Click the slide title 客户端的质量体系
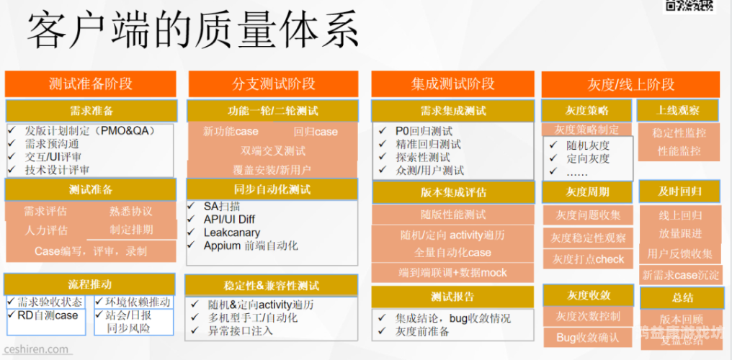tap(192, 32)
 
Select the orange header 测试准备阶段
tap(91, 84)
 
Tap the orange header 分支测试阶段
tap(274, 84)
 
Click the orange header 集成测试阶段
tap(453, 84)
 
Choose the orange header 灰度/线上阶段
tap(631, 84)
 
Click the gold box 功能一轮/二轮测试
tap(273, 111)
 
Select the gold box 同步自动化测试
tap(272, 189)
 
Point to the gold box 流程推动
tap(90, 284)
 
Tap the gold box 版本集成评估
tap(453, 192)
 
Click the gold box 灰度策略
tap(586, 111)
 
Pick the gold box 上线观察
tap(678, 111)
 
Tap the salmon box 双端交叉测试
tap(273, 151)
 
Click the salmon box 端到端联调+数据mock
tap(453, 273)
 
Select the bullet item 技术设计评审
tap(58, 170)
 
